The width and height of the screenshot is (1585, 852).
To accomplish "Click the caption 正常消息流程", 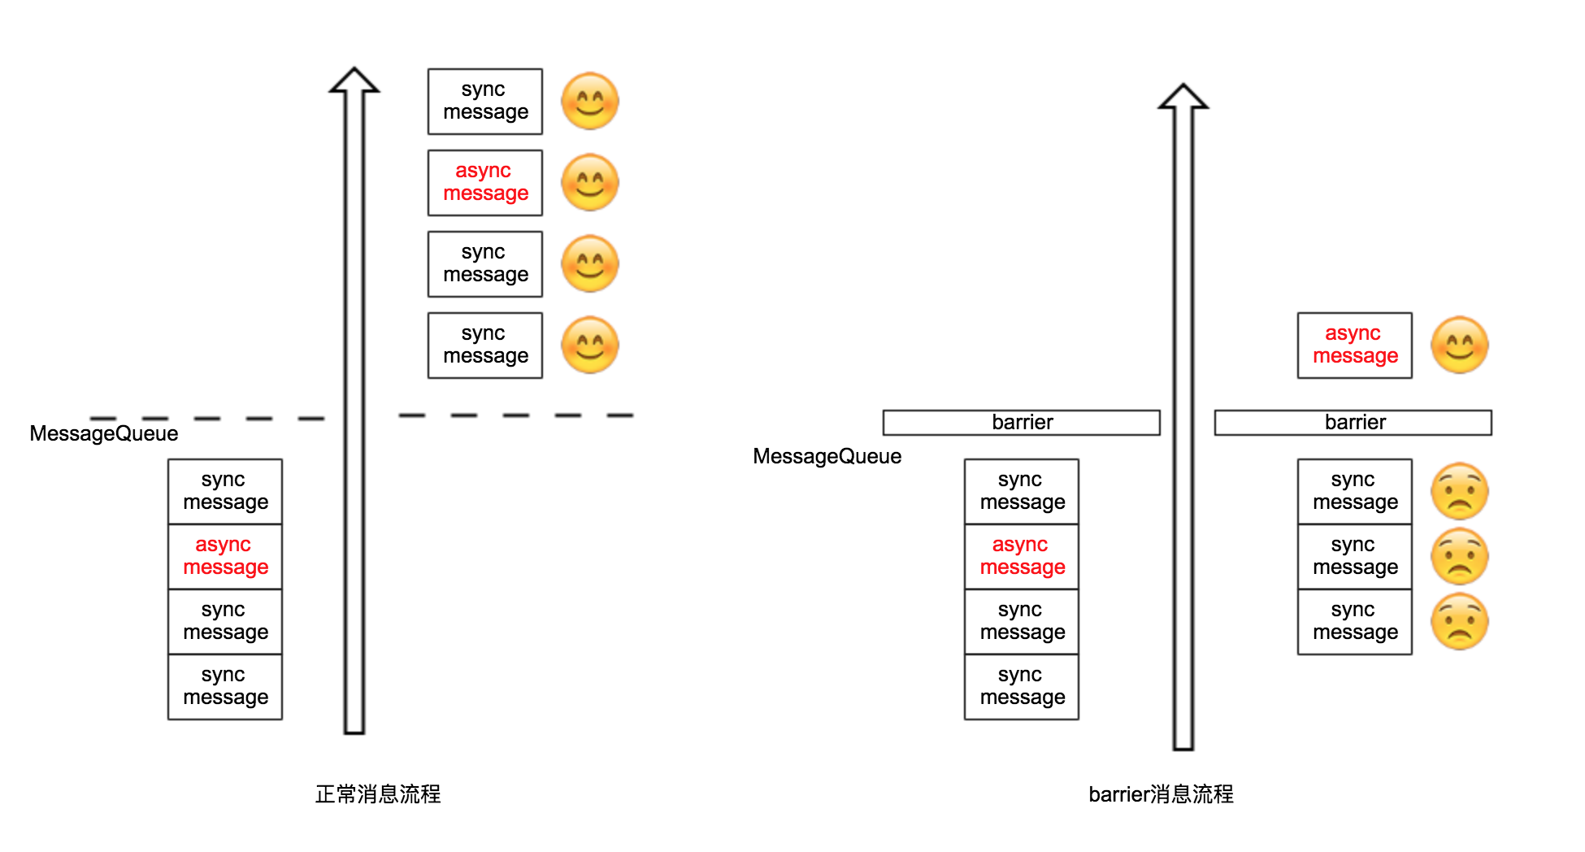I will [x=378, y=794].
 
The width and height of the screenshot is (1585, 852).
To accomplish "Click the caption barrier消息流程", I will [x=1161, y=794].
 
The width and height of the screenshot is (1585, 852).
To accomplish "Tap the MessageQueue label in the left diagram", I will [x=104, y=433].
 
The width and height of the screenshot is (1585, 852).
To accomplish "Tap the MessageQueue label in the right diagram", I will [x=827, y=456].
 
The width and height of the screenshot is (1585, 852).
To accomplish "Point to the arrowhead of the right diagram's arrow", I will [x=1183, y=97].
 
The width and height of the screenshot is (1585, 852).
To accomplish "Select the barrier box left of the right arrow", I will [x=1021, y=423].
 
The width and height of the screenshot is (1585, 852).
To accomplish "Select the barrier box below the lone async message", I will [x=1353, y=423].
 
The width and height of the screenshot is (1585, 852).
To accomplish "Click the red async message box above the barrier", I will [x=1355, y=346].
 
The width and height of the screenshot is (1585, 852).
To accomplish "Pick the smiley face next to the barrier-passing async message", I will [x=1460, y=346].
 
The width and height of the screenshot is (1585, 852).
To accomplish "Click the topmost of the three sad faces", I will [x=1460, y=492].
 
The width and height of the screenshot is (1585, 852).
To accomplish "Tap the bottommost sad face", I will [x=1460, y=622].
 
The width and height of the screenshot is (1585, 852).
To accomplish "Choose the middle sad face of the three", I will [x=1460, y=557].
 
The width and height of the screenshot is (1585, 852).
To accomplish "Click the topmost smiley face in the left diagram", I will [x=590, y=102].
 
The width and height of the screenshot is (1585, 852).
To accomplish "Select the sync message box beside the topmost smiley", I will [x=485, y=102].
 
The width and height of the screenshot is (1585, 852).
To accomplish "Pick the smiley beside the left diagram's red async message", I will [x=590, y=183].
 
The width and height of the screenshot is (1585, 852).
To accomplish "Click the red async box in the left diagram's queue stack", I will [x=225, y=557].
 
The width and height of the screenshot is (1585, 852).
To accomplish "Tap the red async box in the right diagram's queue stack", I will [x=1022, y=557].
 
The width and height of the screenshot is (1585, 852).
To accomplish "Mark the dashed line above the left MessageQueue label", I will [x=207, y=419].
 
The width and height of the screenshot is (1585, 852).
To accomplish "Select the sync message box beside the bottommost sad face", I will [x=1355, y=622].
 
